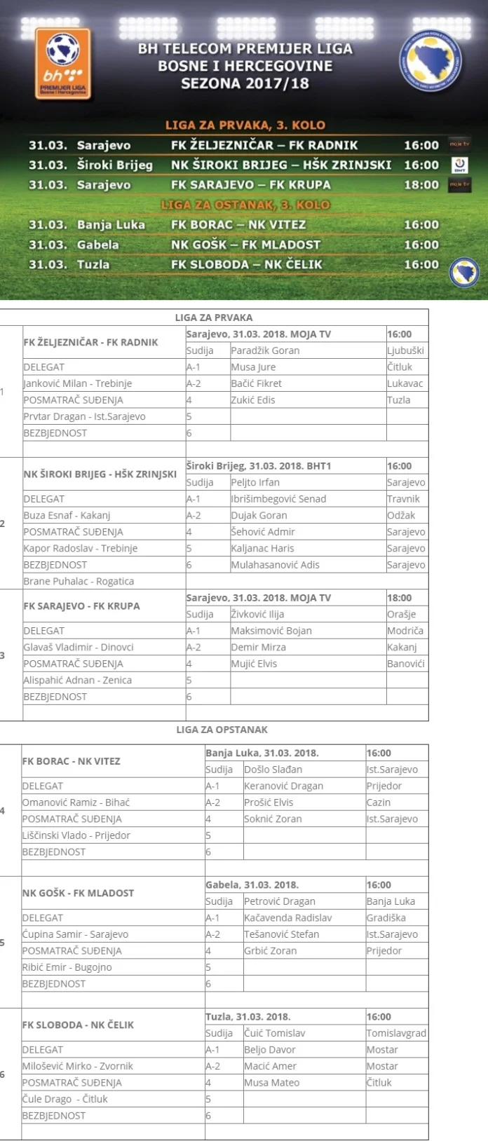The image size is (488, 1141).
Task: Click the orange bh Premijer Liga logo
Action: point(62,64)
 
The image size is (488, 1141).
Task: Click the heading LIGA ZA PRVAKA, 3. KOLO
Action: point(245,125)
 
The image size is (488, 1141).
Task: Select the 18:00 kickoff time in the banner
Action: point(421,185)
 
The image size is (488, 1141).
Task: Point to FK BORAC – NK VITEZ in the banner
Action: point(238,225)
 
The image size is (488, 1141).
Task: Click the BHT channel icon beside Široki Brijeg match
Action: point(460,165)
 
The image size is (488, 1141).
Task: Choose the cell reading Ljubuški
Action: point(405,350)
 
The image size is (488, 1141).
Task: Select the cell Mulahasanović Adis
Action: point(275,565)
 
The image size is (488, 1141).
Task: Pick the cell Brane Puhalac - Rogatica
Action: point(79,581)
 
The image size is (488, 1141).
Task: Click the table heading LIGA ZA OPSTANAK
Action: point(222,730)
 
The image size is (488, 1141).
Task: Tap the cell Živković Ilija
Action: point(257,614)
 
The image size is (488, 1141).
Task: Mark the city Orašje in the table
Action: point(401,614)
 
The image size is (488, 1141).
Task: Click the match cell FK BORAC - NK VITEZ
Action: point(72,761)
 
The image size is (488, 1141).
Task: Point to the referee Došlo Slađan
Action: point(273,770)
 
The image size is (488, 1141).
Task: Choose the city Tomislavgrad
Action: point(396,1033)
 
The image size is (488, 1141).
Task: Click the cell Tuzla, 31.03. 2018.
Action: point(248,1017)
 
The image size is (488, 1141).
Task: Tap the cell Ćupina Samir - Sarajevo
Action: point(75,934)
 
